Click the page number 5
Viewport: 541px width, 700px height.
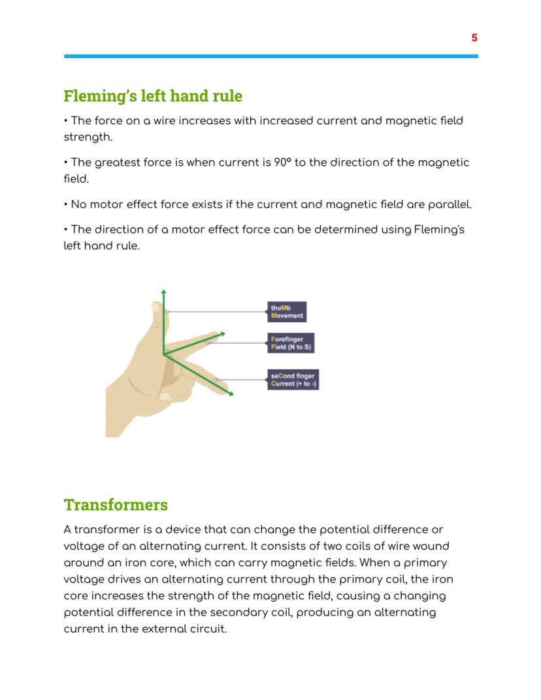(474, 38)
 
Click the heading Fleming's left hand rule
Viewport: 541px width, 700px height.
(152, 96)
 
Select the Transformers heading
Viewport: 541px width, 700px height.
(116, 505)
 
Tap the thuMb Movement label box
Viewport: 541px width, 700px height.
(287, 312)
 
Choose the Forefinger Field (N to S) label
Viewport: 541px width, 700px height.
(291, 343)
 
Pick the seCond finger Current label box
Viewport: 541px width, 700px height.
(293, 380)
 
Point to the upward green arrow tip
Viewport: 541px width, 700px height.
(163, 292)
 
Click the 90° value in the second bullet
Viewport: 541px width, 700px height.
(282, 162)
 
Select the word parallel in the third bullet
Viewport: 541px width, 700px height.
(449, 205)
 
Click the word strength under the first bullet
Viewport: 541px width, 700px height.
(87, 137)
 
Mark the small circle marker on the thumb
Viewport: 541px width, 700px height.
(167, 312)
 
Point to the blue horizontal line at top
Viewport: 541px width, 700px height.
(270, 56)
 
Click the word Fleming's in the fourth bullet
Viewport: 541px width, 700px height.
(439, 229)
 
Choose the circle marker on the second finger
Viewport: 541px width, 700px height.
(216, 380)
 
